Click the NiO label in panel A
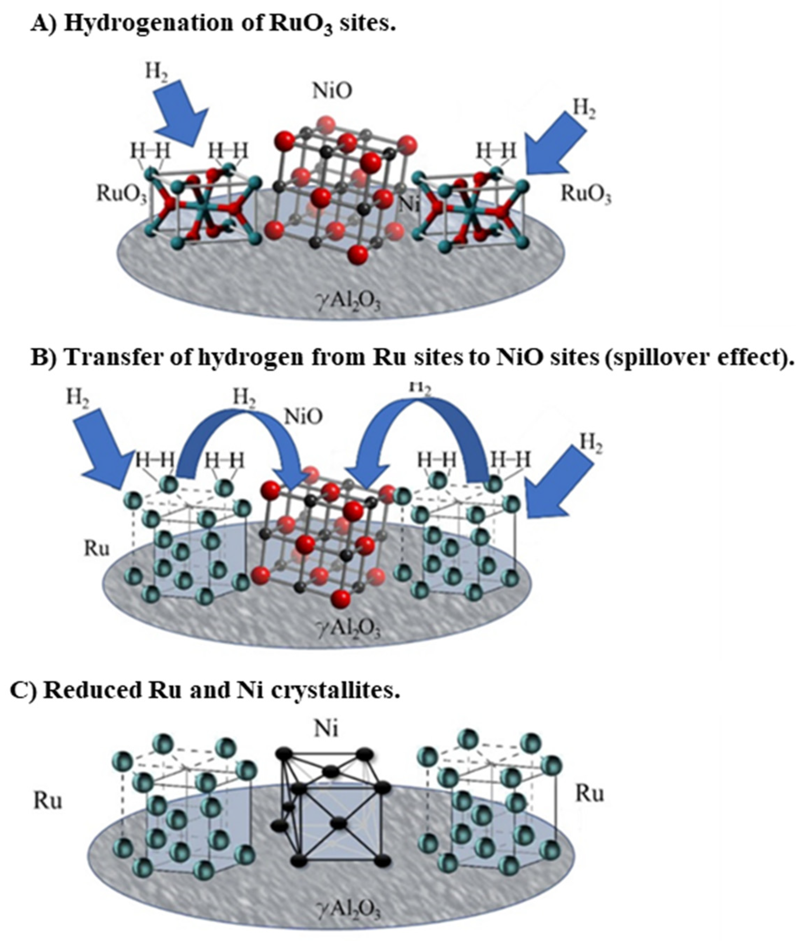coord(332,91)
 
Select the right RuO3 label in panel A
coord(586,194)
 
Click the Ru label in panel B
coord(97,549)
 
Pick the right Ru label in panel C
coord(589,794)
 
